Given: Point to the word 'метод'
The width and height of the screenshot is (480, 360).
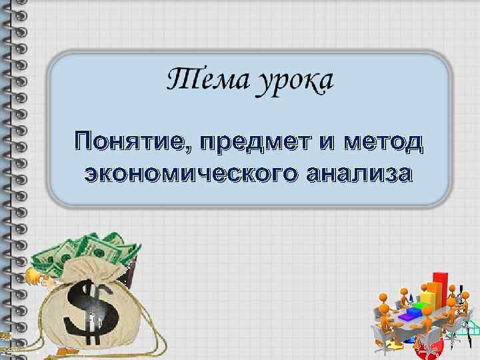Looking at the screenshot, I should tap(387, 141).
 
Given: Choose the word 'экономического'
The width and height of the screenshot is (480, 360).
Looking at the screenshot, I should tap(189, 174).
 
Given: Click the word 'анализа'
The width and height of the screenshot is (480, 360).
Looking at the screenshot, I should tap(359, 174).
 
